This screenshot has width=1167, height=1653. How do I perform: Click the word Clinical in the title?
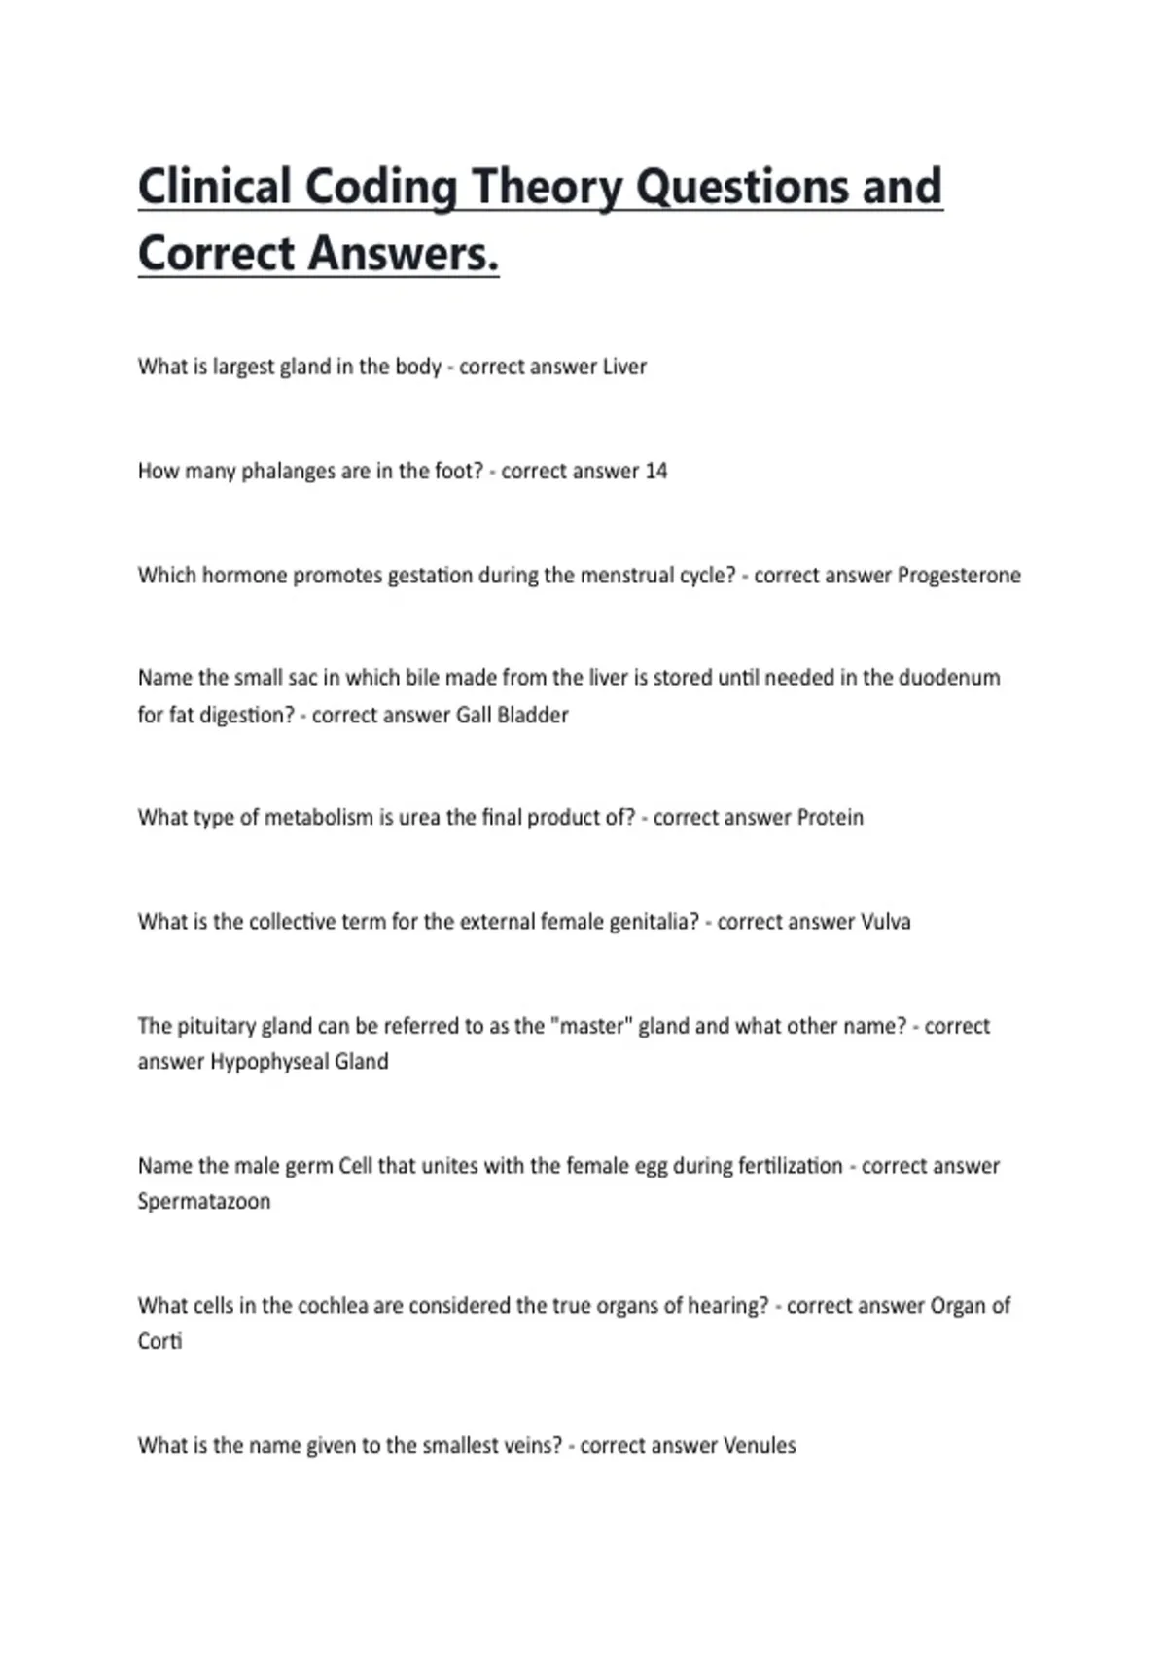tap(215, 187)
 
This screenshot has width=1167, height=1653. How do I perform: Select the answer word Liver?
tap(624, 367)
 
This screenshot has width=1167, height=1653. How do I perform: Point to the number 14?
tap(655, 472)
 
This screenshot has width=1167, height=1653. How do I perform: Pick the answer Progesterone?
tap(958, 576)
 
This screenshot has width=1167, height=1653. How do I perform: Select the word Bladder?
tap(532, 715)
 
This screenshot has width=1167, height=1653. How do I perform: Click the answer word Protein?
tap(830, 817)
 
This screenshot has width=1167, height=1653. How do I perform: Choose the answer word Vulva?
tap(885, 922)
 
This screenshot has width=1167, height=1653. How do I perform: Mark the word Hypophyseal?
tap(269, 1062)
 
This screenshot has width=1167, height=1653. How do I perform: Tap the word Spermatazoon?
tap(204, 1202)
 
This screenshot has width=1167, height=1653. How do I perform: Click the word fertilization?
tap(791, 1166)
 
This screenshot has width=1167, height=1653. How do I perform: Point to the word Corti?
tap(159, 1342)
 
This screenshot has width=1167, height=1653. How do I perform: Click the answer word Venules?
tap(760, 1446)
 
